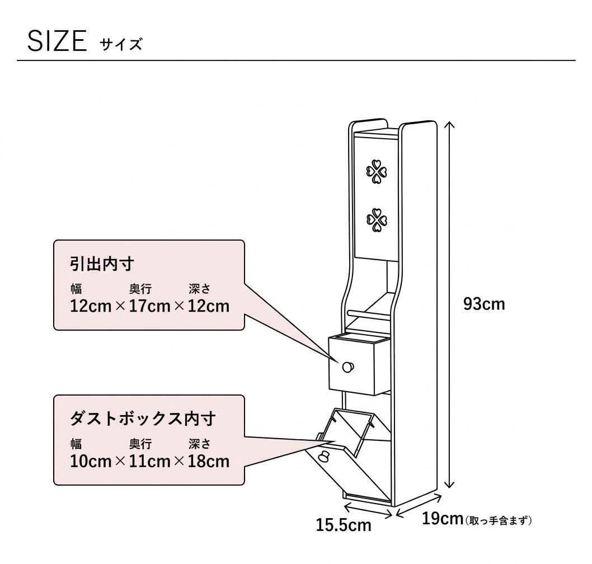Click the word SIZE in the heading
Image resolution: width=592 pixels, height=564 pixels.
57,41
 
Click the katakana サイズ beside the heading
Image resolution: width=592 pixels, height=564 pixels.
121,44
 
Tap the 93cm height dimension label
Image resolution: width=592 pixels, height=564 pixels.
484,304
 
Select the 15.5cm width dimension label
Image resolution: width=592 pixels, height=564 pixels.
344,525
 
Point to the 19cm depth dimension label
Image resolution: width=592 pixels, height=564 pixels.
443,518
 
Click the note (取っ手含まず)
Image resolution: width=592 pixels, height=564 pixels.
499,520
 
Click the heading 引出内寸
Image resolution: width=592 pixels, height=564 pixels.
102,264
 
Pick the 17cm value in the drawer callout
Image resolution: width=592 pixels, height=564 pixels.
149,306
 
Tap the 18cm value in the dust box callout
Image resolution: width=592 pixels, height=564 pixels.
209,461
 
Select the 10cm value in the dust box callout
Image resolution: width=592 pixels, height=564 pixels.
91,461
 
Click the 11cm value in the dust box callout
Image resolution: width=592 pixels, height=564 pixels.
149,461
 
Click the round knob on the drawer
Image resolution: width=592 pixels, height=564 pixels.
347,366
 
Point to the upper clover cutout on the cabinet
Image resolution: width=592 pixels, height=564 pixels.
377,172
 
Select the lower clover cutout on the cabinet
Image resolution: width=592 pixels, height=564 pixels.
377,219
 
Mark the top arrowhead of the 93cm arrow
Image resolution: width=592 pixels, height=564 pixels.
449,124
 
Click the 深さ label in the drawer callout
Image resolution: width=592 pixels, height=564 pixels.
199,289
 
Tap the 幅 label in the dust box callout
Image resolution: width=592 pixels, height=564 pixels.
76,444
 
